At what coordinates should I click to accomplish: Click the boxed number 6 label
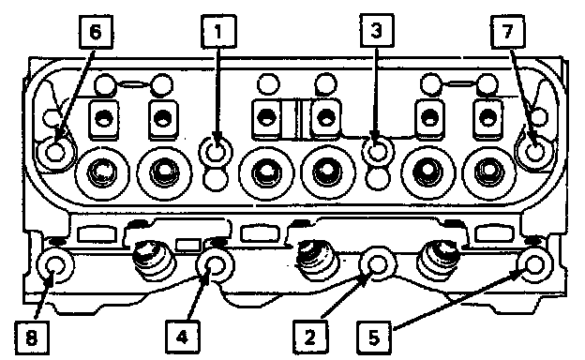tap(96, 32)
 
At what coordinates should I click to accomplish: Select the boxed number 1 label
tap(218, 31)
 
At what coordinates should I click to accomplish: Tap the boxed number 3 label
tap(377, 31)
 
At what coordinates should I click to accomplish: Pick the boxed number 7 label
tap(507, 31)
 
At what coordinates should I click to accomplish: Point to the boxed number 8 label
tap(32, 338)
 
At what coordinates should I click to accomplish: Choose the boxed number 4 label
tap(182, 337)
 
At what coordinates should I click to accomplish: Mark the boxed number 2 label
tap(310, 337)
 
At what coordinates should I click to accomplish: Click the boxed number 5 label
tap(374, 337)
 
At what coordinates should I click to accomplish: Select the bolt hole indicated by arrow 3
tap(377, 151)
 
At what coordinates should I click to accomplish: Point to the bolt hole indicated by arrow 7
tap(534, 152)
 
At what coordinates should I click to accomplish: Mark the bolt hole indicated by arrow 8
tap(54, 265)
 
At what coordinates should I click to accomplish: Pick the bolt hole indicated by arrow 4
tap(215, 265)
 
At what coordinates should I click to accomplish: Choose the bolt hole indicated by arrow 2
tap(377, 263)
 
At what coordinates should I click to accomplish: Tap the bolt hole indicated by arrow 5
tap(533, 264)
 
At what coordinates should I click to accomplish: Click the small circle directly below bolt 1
tap(216, 177)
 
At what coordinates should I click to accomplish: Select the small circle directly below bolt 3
tap(378, 177)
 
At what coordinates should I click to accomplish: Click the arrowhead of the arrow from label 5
tap(517, 275)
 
